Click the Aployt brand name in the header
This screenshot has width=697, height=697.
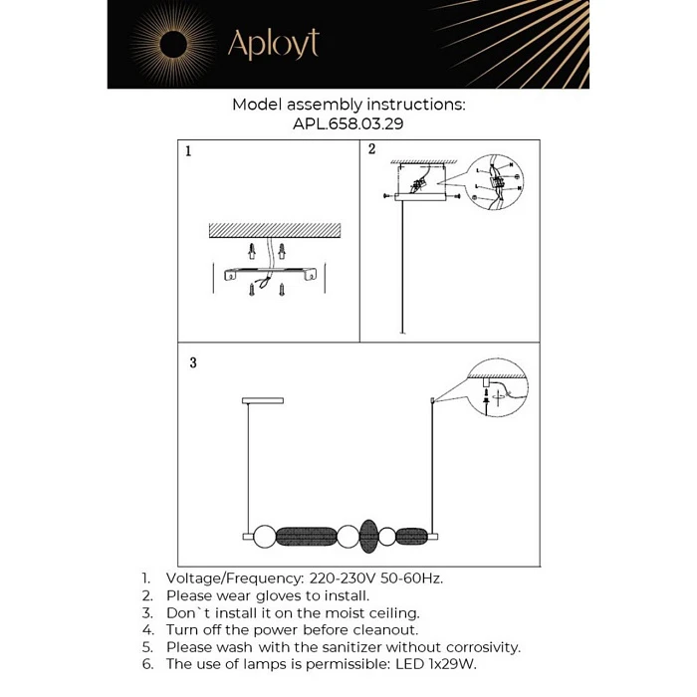coord(273,44)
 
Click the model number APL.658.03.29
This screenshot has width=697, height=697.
coord(348,124)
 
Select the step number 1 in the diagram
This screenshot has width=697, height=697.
coord(188,152)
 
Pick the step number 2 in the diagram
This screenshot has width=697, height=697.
coord(371,150)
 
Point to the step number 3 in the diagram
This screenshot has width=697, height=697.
coord(193,362)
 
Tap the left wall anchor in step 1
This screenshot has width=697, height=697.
coord(253,249)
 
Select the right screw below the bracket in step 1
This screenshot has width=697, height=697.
coord(283,292)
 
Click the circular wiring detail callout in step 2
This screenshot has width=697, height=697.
coord(498,182)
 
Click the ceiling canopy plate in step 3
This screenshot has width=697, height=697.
coord(263,400)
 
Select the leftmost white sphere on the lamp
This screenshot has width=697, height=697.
coord(264,537)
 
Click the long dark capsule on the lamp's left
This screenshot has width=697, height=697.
coord(305,537)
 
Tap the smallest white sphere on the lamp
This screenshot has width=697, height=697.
coord(386,537)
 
